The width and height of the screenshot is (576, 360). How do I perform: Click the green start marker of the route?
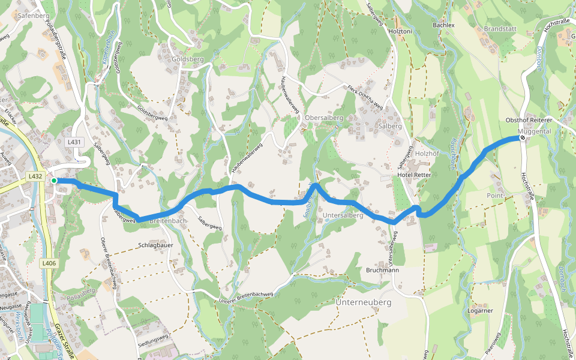point(54,181)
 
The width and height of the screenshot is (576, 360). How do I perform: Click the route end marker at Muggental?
point(523,138)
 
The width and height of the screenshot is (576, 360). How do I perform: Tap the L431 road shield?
point(74,142)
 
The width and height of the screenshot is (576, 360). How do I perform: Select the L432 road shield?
point(35,176)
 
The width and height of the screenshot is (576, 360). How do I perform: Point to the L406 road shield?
point(49,263)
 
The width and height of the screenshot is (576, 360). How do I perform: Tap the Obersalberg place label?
point(323,118)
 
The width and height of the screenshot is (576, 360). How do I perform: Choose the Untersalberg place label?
point(343,215)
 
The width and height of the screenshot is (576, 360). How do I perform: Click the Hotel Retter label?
point(414,175)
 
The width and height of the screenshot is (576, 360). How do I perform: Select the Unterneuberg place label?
point(364,302)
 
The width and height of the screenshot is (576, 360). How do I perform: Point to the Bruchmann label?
point(382,271)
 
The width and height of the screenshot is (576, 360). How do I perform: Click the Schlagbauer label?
point(156,245)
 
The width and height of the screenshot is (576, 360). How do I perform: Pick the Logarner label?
point(480,311)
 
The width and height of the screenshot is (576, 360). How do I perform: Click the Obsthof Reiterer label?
point(529,121)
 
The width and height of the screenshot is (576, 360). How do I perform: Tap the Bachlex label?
point(444,26)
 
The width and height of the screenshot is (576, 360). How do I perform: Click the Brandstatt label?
point(499,28)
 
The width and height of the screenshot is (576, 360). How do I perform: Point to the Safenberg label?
point(34,16)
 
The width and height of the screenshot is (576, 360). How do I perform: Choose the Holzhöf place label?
point(428,153)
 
